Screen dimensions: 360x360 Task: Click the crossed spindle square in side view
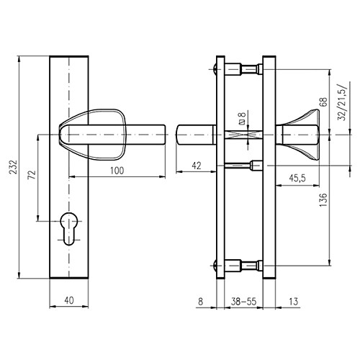245,135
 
